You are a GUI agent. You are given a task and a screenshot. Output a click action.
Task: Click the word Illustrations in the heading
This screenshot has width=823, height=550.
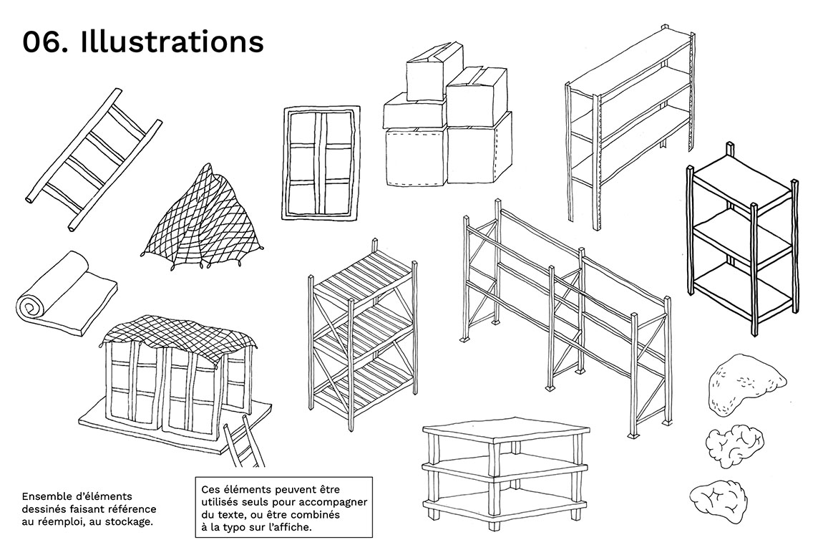[x=172, y=42]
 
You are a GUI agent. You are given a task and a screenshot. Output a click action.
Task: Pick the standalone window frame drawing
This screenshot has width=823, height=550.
[x=321, y=163]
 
